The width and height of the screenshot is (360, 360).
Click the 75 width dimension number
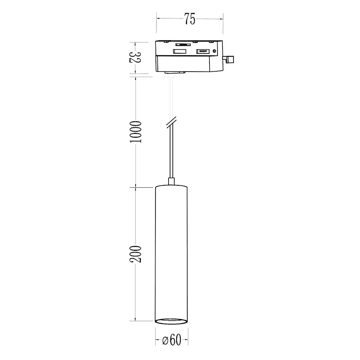(x=190, y=19)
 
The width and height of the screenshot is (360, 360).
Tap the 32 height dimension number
(x=135, y=57)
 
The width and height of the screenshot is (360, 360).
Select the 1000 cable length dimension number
(x=136, y=132)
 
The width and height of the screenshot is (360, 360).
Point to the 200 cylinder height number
(x=136, y=254)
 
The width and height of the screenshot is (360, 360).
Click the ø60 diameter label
(x=172, y=340)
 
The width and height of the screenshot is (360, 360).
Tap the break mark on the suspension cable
(x=171, y=122)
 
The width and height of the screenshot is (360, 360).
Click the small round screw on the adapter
(x=214, y=51)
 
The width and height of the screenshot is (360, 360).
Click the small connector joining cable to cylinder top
(x=171, y=182)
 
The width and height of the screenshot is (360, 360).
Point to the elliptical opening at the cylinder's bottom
(x=171, y=321)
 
